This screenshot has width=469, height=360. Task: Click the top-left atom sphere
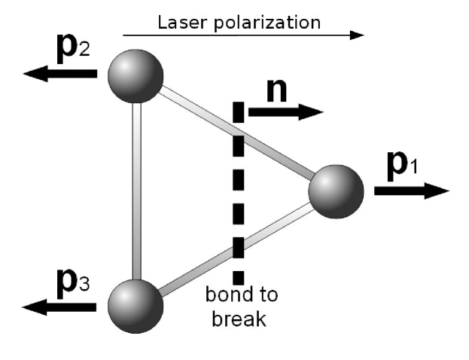(x=136, y=75)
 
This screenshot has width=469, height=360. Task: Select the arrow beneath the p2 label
(x=60, y=73)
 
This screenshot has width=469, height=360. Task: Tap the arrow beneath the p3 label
(x=60, y=306)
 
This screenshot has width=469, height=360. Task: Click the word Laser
(x=179, y=22)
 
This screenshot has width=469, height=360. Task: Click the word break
(x=239, y=319)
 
